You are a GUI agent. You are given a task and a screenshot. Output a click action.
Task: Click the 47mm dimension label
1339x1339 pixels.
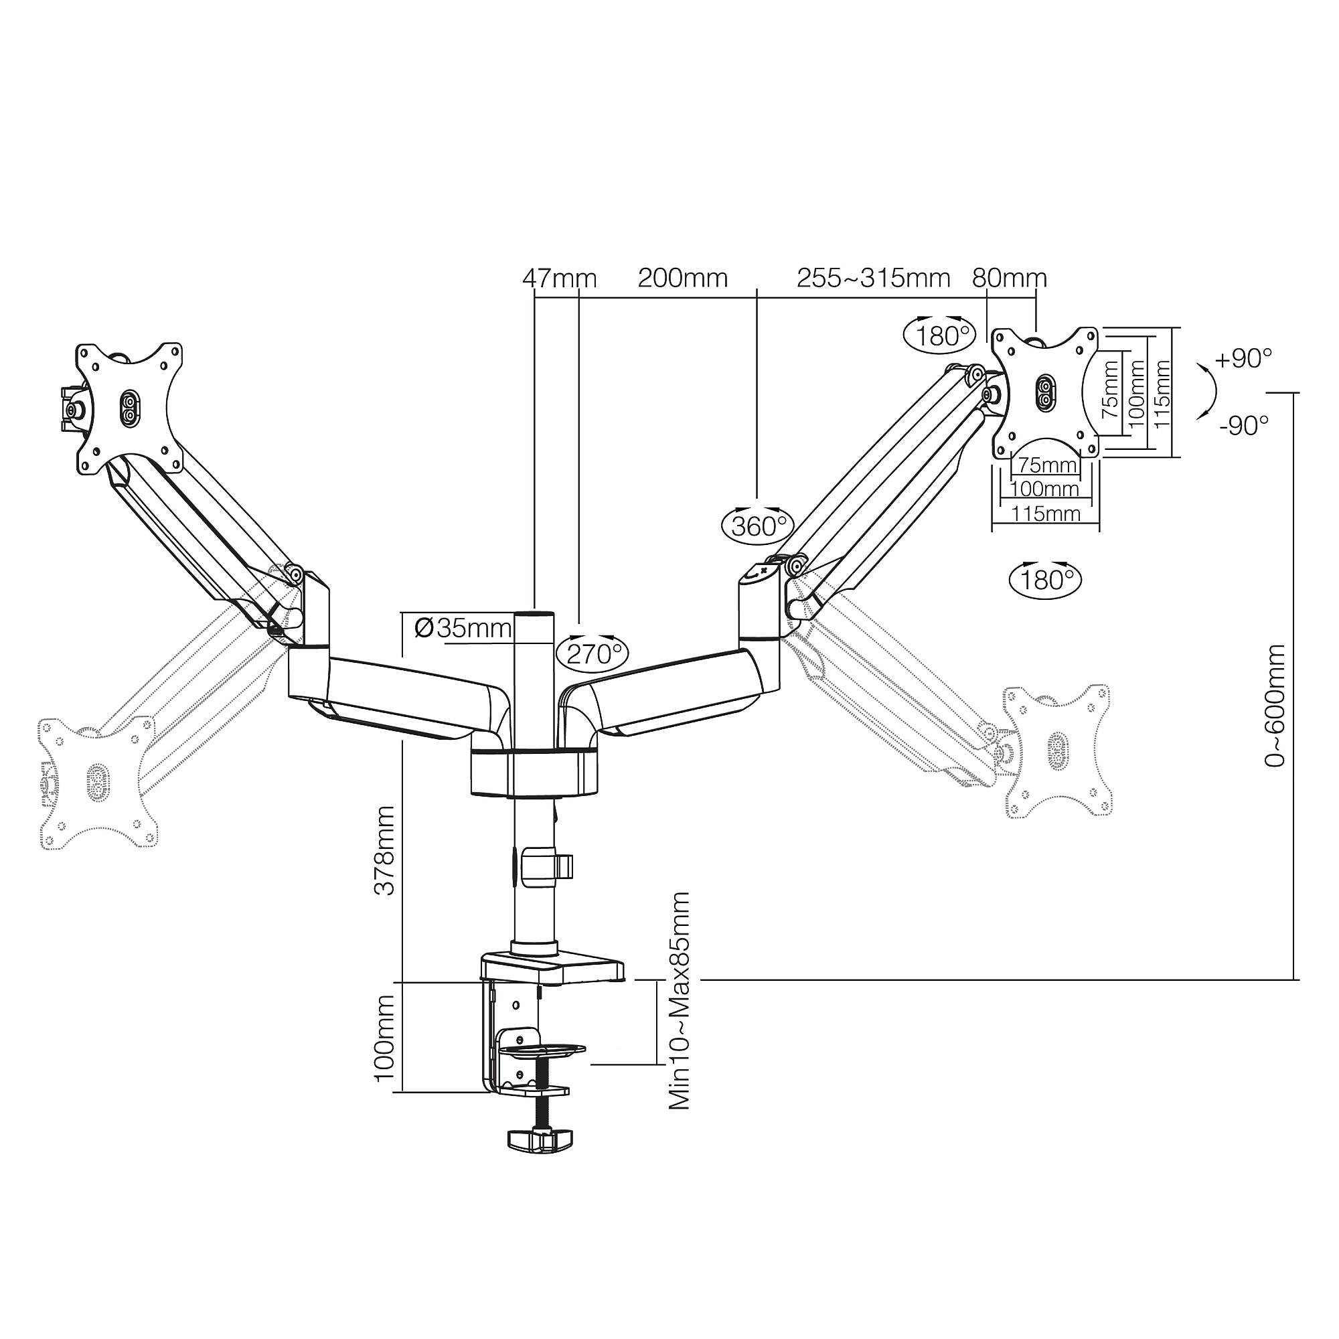[x=559, y=279]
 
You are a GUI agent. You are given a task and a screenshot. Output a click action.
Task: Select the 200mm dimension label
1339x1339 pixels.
[x=683, y=279]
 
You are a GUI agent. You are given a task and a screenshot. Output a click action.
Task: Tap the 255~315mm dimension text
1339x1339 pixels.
[x=873, y=279]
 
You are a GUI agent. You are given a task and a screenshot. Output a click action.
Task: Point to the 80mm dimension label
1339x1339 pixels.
[x=1009, y=279]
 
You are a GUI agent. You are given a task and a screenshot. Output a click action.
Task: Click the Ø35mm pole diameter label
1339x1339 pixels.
[x=463, y=629]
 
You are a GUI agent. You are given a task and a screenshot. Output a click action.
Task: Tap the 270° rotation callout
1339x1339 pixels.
[x=593, y=653]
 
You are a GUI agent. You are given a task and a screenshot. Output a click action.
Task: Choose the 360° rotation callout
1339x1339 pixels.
[x=757, y=526]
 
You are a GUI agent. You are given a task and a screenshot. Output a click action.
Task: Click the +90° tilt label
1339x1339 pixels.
[x=1243, y=359]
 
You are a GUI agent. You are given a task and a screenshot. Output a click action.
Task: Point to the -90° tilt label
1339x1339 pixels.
[x=1245, y=426]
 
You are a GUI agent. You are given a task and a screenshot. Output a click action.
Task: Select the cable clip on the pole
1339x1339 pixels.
[x=548, y=866]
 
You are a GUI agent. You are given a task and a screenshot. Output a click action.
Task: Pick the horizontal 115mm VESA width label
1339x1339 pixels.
[x=1046, y=514]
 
